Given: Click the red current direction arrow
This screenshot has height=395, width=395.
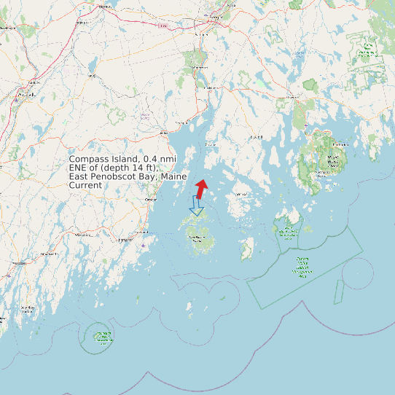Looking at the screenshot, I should pos(200,188).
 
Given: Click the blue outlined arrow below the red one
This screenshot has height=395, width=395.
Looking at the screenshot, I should pos(195,206).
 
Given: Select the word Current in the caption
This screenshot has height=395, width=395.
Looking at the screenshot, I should pos(85,185).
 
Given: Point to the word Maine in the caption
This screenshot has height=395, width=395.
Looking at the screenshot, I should pos(173,176).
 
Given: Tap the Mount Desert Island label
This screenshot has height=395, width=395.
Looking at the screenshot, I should pos(333,160).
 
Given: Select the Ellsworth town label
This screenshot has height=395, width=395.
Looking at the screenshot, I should pos(292,96).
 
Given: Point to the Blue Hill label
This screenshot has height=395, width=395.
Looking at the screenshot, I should pos(256,137).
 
